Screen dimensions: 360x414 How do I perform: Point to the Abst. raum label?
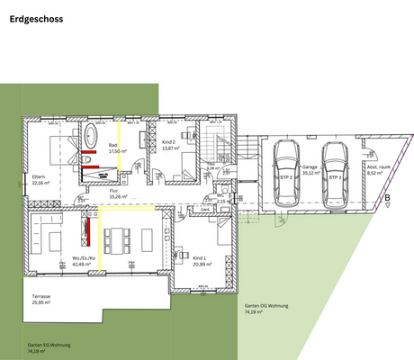[378, 169]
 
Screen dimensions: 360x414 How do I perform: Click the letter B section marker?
[387, 198]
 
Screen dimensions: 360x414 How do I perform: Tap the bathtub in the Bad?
[91, 137]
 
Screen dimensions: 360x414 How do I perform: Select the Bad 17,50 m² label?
[116, 148]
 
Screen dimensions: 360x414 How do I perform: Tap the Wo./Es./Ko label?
[85, 262]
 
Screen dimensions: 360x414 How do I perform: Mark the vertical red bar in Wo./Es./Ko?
[88, 232]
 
